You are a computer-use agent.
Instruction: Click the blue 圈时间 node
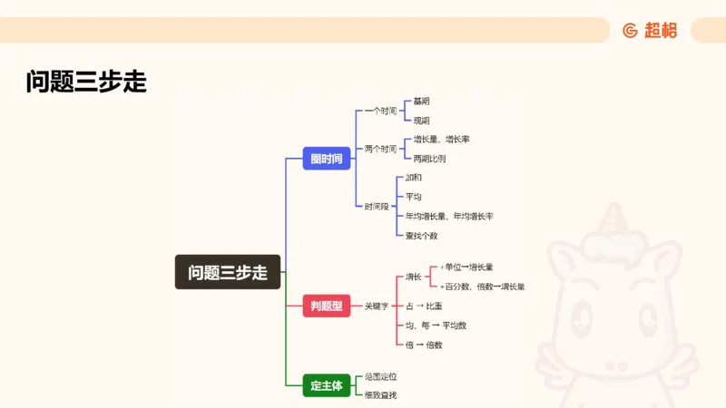[x=326, y=159]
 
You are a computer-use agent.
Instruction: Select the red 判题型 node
[x=326, y=306]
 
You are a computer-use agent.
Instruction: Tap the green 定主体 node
[x=326, y=385]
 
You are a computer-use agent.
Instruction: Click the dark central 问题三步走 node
[x=228, y=272]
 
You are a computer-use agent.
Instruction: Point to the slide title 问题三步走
[x=86, y=83]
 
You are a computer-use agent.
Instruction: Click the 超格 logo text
[x=661, y=31]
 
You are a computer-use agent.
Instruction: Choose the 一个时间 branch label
[x=380, y=111]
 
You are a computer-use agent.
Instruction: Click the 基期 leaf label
[x=421, y=101]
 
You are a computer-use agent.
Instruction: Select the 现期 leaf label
[x=421, y=121]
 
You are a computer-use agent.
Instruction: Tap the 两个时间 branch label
[x=380, y=149]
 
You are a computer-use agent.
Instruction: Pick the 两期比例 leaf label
[x=429, y=159]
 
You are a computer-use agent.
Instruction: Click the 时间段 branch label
[x=376, y=207]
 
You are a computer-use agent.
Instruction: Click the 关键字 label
[x=376, y=306]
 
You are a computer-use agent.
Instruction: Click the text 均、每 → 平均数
[x=436, y=325]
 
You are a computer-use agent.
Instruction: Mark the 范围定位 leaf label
[x=380, y=375]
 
